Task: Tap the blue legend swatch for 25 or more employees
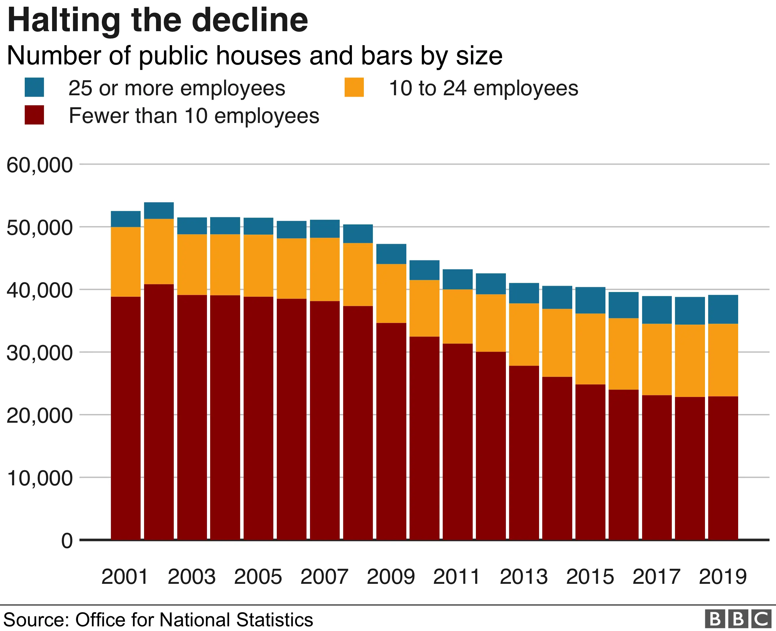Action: pos(34,87)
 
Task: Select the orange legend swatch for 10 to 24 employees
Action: pos(354,87)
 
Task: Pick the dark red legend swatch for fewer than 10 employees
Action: pos(34,115)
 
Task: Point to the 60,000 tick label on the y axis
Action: pos(40,165)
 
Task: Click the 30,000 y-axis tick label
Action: pos(40,353)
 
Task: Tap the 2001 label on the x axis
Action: pos(125,577)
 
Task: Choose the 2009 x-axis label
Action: pos(391,577)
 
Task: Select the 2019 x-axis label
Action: pos(723,577)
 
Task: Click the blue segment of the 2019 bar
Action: pos(723,309)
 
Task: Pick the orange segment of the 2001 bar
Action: pos(126,262)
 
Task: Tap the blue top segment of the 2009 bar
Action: pos(391,254)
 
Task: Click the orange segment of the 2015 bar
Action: pos(591,349)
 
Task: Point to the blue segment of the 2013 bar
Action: pos(524,293)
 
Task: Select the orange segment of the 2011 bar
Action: pos(458,316)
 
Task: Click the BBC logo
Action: pos(738,619)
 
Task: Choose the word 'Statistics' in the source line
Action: pos(274,620)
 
